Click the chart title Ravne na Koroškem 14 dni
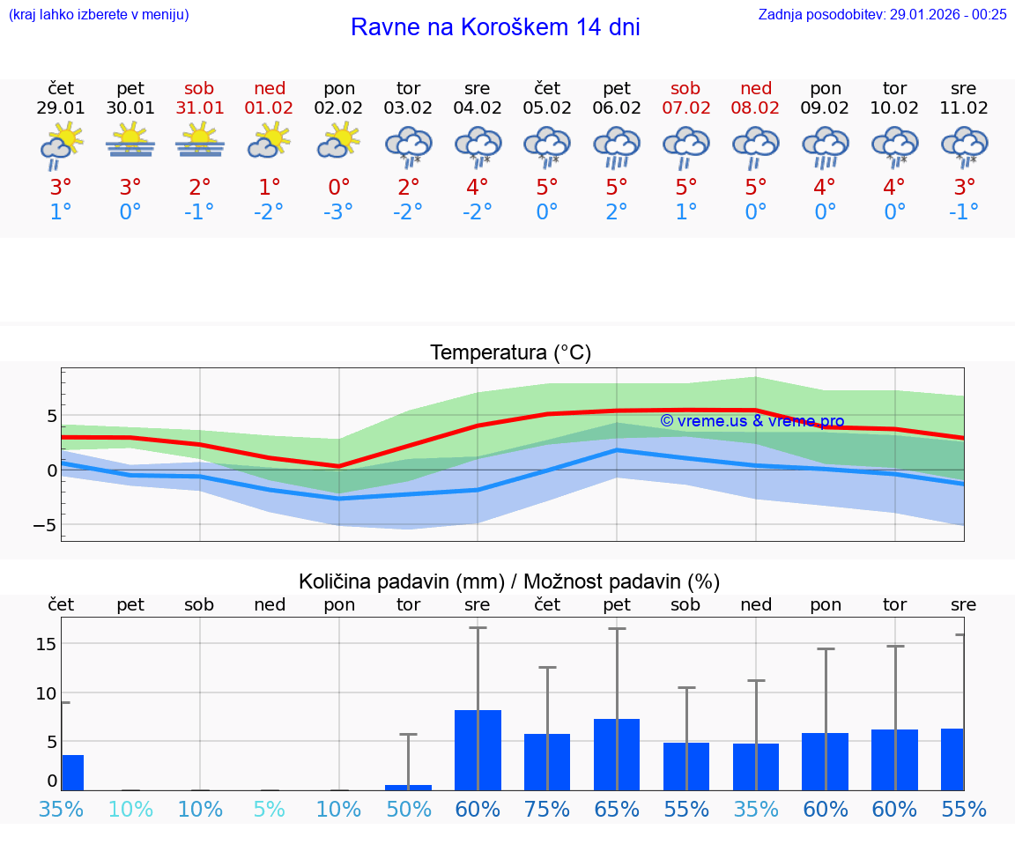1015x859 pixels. coord(495,27)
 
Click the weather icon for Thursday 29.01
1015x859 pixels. coord(61,146)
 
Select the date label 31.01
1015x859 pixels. coord(200,108)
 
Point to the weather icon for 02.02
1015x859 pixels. coord(339,141)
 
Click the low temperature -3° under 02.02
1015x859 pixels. coord(339,212)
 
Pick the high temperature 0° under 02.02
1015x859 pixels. coord(339,187)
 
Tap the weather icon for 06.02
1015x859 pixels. coord(617,146)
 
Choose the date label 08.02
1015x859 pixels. coord(756,108)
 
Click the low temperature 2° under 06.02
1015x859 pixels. coord(617,212)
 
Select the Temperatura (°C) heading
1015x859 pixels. coord(510,353)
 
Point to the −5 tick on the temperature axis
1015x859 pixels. coord(44,525)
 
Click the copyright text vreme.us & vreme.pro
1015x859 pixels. coord(752,421)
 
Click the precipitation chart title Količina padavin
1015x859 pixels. coord(401,581)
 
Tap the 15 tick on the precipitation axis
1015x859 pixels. coord(46,644)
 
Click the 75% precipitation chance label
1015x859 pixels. coord(547,810)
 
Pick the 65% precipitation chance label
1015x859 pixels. coord(617,810)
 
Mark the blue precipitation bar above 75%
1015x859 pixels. coord(547,761)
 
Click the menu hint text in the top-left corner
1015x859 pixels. coord(99,14)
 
